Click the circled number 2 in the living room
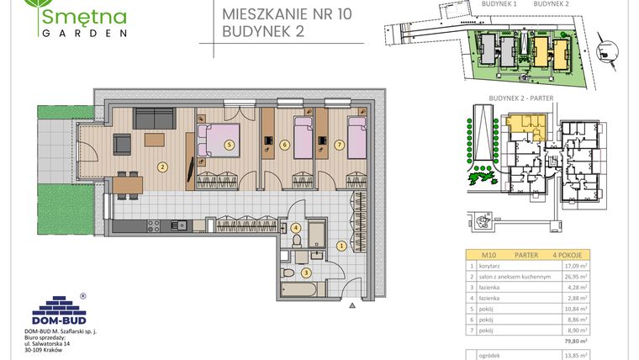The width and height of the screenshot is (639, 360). point(161,166)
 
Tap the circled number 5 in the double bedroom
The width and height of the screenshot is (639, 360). point(229,145)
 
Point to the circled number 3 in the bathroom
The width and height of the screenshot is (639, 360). point(307,272)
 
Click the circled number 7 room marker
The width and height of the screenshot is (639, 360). point(339,145)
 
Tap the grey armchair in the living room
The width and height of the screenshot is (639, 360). point(121,146)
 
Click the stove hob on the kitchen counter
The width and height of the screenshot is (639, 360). point(155,225)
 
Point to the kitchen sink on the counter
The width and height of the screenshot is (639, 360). point(181,225)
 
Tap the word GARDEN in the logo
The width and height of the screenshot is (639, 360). point(82,34)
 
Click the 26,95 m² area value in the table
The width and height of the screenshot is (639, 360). point(575,275)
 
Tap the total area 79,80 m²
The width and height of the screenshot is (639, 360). point(574,341)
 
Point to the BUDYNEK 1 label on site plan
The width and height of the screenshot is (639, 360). point(499,4)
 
